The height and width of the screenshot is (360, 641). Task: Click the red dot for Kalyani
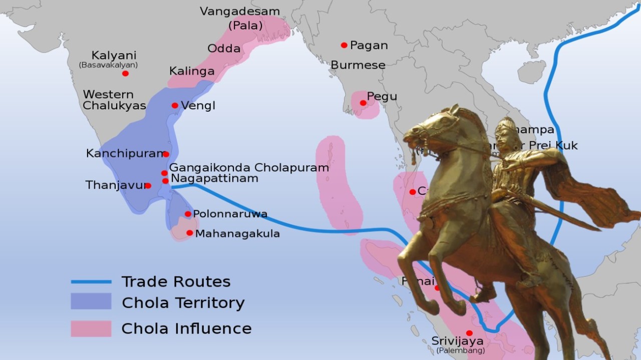tap(125, 74)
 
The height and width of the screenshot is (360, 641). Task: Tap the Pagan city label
tap(369, 46)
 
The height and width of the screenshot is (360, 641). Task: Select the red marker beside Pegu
tap(363, 103)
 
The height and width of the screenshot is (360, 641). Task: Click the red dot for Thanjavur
tap(148, 186)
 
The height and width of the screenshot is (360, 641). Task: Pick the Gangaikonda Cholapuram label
tap(249, 168)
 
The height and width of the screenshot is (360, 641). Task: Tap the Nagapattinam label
tap(214, 178)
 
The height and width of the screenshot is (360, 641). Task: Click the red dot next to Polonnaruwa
tap(188, 214)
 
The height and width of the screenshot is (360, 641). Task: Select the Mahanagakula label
tap(237, 234)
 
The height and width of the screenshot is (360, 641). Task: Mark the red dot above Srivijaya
tap(469, 333)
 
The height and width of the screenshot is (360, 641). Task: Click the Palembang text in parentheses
tap(460, 350)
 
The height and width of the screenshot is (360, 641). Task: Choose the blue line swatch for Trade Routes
tap(91, 282)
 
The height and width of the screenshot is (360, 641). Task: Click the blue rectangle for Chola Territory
tap(91, 302)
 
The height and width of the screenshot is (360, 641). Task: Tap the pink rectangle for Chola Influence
tap(91, 328)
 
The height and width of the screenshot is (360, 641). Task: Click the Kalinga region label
tap(192, 71)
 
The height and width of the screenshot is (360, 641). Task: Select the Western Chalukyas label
tap(114, 100)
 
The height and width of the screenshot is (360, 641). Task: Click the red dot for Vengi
tap(175, 106)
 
